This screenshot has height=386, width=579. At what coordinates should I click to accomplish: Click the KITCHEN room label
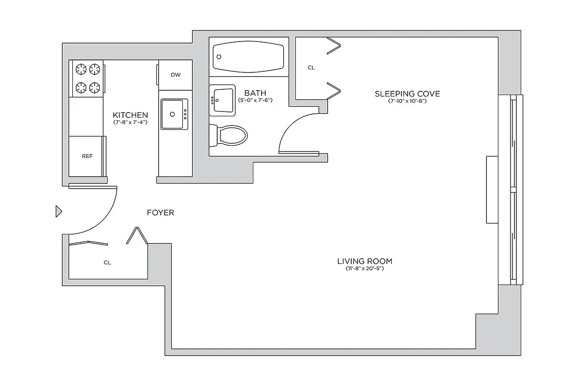tap(130, 115)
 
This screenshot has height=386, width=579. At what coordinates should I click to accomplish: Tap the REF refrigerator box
tap(87, 156)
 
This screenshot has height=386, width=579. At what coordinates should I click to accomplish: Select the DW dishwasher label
tap(176, 75)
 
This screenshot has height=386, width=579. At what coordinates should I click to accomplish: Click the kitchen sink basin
tap(174, 114)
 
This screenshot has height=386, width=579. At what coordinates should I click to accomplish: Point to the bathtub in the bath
tap(249, 56)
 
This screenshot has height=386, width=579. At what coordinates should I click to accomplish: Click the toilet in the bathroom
tap(229, 136)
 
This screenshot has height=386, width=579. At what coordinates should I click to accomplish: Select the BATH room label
tap(255, 93)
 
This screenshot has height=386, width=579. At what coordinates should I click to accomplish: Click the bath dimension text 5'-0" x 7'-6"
tap(256, 100)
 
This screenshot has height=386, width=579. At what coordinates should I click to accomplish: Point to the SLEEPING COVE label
tap(407, 94)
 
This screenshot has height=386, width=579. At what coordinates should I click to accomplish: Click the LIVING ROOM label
tap(364, 261)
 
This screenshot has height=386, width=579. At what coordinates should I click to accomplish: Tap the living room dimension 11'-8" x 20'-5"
tap(364, 268)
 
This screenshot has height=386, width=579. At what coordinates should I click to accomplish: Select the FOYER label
tap(160, 212)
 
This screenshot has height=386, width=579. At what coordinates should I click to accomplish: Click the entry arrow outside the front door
tap(59, 211)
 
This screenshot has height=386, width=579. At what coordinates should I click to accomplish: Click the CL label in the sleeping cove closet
tap(311, 68)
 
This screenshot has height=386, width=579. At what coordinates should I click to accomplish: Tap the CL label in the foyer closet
tap(107, 262)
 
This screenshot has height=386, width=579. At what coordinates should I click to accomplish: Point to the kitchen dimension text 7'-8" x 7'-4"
tap(130, 123)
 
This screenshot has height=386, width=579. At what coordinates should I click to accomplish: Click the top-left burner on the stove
tap(80, 69)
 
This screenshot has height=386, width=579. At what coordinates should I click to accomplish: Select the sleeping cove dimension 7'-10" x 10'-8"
tap(407, 101)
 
